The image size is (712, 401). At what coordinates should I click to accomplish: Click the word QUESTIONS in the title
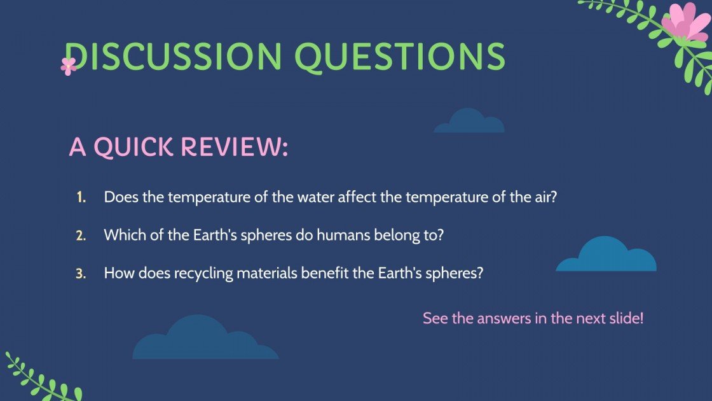pyautogui.click(x=400, y=57)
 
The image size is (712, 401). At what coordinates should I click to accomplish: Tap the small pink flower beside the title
pyautogui.click(x=68, y=66)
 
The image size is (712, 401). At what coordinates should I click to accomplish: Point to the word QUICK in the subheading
pyautogui.click(x=133, y=148)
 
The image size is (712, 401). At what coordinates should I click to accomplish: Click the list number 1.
pyautogui.click(x=81, y=197)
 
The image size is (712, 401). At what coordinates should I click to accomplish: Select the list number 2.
pyautogui.click(x=81, y=236)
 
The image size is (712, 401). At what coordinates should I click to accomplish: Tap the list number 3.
pyautogui.click(x=81, y=274)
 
